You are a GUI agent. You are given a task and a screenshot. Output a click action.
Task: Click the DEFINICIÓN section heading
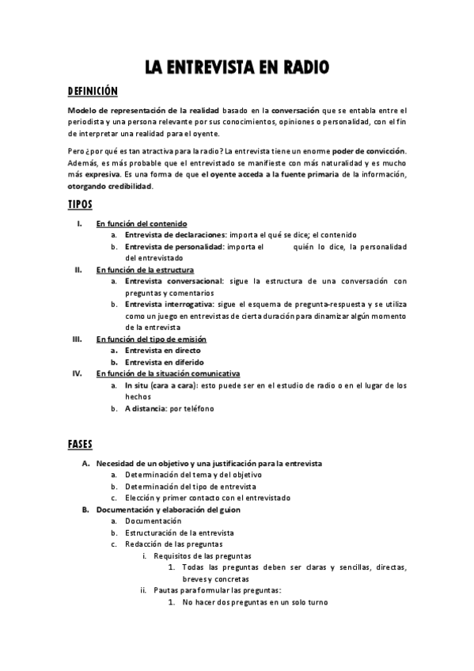pos(92,91)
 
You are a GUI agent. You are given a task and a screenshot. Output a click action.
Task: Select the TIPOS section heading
pos(80,204)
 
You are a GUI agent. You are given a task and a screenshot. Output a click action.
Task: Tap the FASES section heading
pos(81,444)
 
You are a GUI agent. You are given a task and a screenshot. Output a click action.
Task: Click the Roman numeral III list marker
pos(78,338)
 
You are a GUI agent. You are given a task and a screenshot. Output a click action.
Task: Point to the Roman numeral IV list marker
pos(78,373)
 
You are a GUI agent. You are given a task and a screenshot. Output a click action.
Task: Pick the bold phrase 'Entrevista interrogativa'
pos(169,304)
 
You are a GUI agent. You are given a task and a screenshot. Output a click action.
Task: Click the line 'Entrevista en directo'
pos(162,350)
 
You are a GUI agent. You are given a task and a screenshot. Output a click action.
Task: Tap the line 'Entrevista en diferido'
pos(164,362)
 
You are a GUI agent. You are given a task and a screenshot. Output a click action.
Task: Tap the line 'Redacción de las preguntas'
pos(173,544)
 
